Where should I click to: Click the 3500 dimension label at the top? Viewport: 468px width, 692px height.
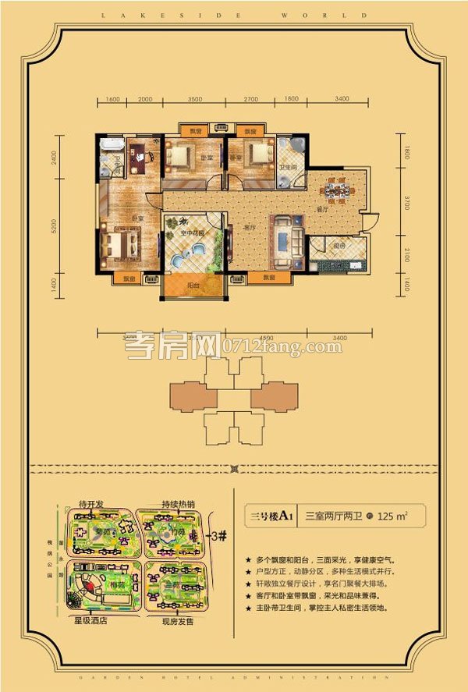coord(194,100)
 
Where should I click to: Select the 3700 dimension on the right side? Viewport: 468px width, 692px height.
coord(406,209)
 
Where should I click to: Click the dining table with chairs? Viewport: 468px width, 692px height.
coord(339,190)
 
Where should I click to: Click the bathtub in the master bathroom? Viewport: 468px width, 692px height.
coord(112,145)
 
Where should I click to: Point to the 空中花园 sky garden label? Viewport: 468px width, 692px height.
coord(193,233)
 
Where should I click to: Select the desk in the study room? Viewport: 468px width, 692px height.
coord(141,158)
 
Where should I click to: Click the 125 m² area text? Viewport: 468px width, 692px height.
coord(392,516)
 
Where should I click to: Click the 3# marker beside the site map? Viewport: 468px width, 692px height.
coord(220,536)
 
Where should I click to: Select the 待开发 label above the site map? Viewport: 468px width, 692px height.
coord(93,504)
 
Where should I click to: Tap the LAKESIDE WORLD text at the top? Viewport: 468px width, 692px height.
coord(233,14)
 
